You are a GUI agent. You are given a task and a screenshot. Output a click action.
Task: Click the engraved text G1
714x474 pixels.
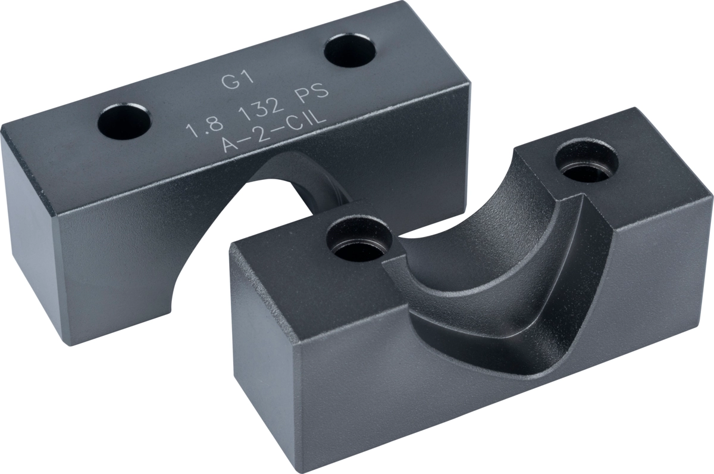click(x=238, y=82)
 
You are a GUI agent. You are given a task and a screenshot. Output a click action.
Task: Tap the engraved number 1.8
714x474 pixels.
click(x=204, y=127)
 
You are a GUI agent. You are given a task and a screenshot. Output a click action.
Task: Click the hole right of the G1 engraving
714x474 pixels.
click(x=350, y=51)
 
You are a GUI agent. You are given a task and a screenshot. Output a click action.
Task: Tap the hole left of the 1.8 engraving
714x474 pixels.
click(x=124, y=121)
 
